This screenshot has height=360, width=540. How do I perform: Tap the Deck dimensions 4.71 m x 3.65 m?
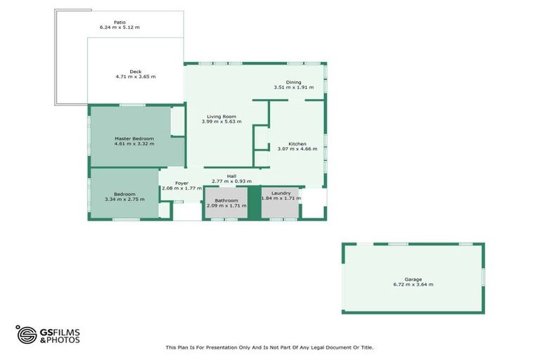[136, 77]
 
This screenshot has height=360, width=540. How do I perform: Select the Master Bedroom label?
[134, 139]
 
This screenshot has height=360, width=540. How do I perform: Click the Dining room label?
[293, 82]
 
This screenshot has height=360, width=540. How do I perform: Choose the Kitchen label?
[297, 143]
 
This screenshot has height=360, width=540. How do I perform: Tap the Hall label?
[231, 176]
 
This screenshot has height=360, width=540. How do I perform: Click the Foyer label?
[182, 183]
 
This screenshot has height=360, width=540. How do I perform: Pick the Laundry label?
[281, 193]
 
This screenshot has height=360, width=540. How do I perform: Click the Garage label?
[413, 279]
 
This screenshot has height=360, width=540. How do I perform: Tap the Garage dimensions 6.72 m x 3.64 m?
[413, 285]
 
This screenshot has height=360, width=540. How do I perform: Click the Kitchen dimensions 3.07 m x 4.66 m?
[297, 149]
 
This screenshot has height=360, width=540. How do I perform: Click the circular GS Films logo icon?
[27, 335]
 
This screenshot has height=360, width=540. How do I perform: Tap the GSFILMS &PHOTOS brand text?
[60, 335]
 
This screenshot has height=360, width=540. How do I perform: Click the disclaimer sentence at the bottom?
[269, 347]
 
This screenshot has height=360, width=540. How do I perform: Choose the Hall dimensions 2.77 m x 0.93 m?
[231, 181]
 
